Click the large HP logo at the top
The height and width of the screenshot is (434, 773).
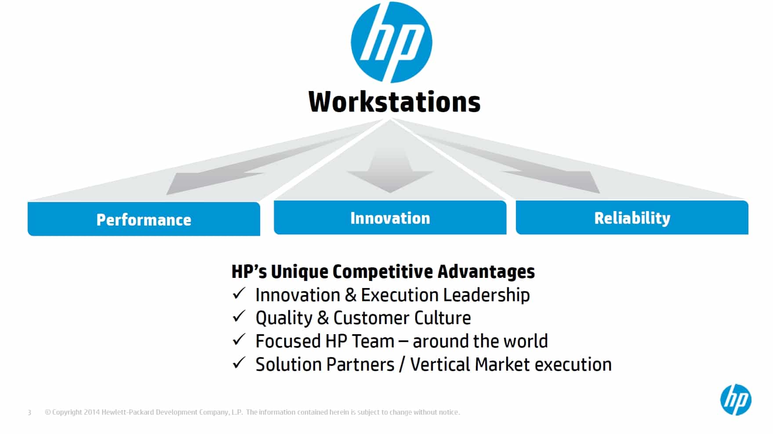point(391,42)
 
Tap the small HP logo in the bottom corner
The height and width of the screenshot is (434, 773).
point(736,400)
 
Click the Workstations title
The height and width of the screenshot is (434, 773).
point(394,102)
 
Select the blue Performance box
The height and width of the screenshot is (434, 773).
point(144,219)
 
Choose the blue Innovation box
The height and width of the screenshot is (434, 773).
point(390,217)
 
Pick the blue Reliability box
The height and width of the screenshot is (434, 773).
point(632,217)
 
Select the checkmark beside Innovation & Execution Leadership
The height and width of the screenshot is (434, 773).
point(239,293)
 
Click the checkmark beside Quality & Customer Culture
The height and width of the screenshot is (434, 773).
point(239,316)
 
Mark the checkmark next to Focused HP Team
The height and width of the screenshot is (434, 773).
point(239,339)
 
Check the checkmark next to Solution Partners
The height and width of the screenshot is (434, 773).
point(239,363)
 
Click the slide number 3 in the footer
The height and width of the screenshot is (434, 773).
point(29,412)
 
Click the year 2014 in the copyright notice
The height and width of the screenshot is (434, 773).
point(92,412)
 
